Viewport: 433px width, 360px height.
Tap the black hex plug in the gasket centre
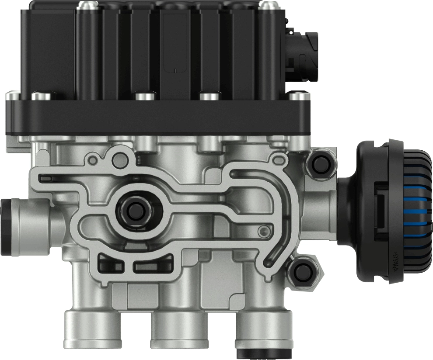point(134,209)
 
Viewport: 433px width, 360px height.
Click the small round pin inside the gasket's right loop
point(263,231)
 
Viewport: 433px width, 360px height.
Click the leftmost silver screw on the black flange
point(14,94)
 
